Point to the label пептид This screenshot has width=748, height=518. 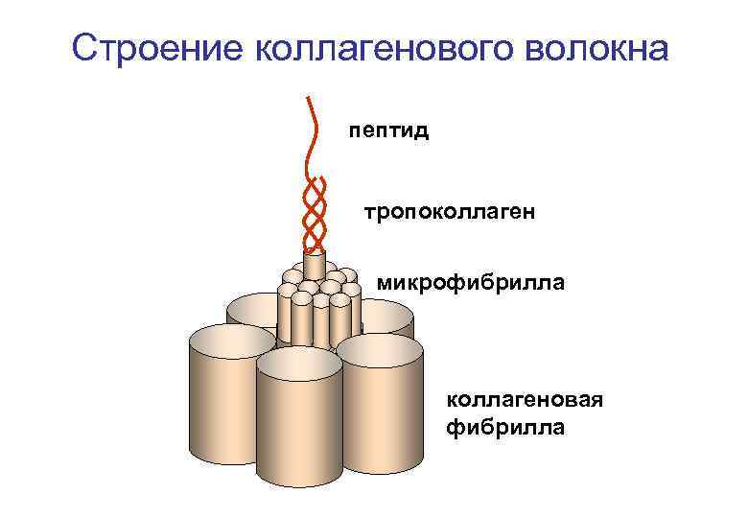[x=387, y=129]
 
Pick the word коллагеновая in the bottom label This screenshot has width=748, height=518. [x=524, y=399]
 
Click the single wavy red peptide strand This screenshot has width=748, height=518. [x=313, y=134]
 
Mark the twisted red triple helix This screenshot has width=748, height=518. [x=314, y=215]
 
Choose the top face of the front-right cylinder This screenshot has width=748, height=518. [x=380, y=350]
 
